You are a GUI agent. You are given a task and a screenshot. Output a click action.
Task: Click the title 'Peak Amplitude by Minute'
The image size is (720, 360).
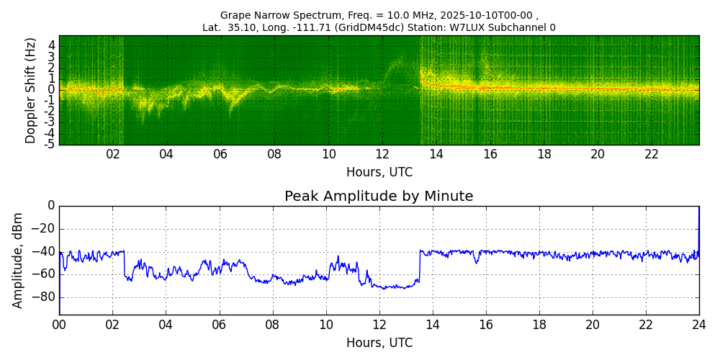(379, 197)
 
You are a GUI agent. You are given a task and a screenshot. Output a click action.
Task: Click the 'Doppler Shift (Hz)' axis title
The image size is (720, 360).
(31, 91)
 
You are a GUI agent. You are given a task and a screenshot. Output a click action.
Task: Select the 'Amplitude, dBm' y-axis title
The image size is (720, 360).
(18, 261)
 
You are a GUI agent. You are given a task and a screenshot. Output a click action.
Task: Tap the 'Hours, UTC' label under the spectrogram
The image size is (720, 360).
(379, 173)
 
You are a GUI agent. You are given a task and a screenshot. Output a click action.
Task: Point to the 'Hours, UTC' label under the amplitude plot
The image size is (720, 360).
(379, 343)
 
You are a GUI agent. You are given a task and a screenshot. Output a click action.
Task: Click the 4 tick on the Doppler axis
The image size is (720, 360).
(51, 45)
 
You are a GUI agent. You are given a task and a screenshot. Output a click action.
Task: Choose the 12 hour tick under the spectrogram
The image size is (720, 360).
(382, 154)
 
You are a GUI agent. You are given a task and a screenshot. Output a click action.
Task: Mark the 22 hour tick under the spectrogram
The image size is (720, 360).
(652, 154)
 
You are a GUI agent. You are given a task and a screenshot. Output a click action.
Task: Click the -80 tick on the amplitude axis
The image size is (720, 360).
(45, 297)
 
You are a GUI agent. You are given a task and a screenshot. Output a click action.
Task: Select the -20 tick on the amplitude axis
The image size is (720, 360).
(45, 229)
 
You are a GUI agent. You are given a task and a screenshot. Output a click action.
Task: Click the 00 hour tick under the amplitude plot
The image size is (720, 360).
(59, 325)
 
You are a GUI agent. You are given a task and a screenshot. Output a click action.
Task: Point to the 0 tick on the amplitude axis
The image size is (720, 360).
(51, 206)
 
